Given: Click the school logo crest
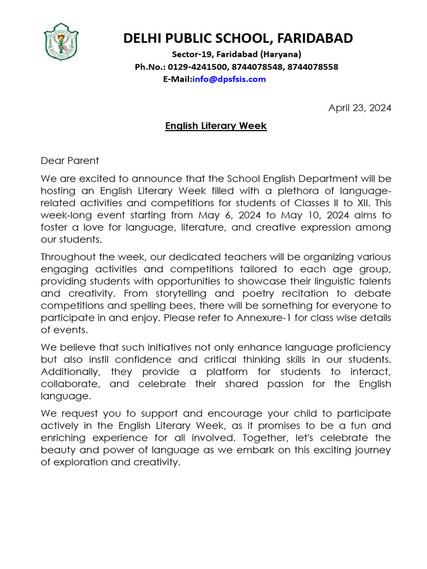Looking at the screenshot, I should (61, 42).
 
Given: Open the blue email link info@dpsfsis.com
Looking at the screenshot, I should (229, 79).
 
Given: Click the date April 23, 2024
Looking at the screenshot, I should (360, 108).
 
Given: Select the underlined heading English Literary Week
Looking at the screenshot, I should (216, 126).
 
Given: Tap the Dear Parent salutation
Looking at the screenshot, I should (69, 161).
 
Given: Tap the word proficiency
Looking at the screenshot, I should (363, 347).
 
